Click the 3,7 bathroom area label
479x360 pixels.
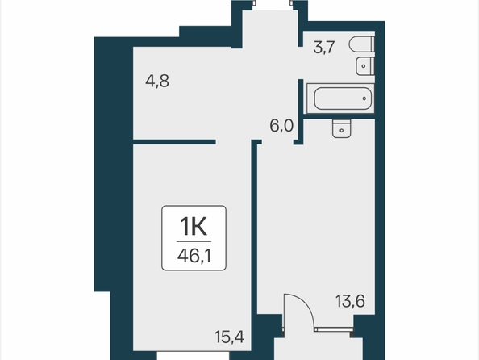324,48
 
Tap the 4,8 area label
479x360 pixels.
157,82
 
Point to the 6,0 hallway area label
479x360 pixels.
281,126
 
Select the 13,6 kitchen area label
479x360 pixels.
350,301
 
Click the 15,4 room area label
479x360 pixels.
229,337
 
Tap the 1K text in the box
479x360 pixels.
194,226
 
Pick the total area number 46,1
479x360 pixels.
194,256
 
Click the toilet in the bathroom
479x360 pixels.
362,44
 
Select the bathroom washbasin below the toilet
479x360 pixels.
365,66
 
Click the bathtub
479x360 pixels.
340,98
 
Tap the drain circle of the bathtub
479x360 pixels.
364,98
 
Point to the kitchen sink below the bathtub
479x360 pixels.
342,128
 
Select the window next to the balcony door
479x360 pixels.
334,329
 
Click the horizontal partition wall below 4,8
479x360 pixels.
174,142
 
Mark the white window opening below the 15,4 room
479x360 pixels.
193,355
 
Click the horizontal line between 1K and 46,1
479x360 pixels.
194,241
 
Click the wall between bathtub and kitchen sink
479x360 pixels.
339,116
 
